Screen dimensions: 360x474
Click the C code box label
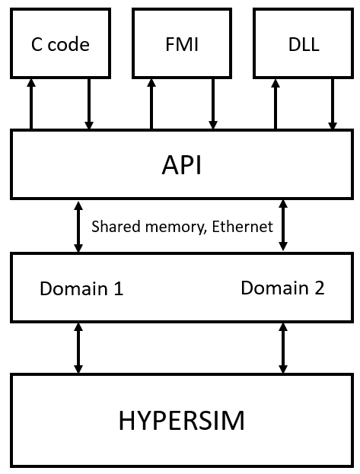point(60,44)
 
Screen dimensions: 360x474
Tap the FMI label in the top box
point(182,44)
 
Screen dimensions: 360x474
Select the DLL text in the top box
point(304,44)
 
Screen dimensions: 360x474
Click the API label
point(181,165)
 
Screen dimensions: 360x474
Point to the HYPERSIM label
point(181,421)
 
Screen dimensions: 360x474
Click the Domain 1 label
point(81,288)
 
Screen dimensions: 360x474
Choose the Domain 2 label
point(282,288)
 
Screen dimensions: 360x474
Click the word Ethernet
point(242,227)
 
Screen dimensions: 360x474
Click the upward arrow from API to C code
point(31,104)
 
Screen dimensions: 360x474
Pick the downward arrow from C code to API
point(88,104)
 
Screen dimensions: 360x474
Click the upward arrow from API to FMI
point(151,104)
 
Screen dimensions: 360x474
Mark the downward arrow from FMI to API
point(213,104)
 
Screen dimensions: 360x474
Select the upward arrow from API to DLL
point(275,104)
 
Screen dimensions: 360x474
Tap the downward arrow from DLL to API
point(333,104)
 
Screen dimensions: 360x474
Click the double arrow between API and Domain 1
point(78,227)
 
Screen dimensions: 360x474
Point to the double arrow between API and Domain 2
point(283,225)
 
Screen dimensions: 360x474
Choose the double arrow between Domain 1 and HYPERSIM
point(78,348)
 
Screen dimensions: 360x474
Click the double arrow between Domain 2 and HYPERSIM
point(283,348)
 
